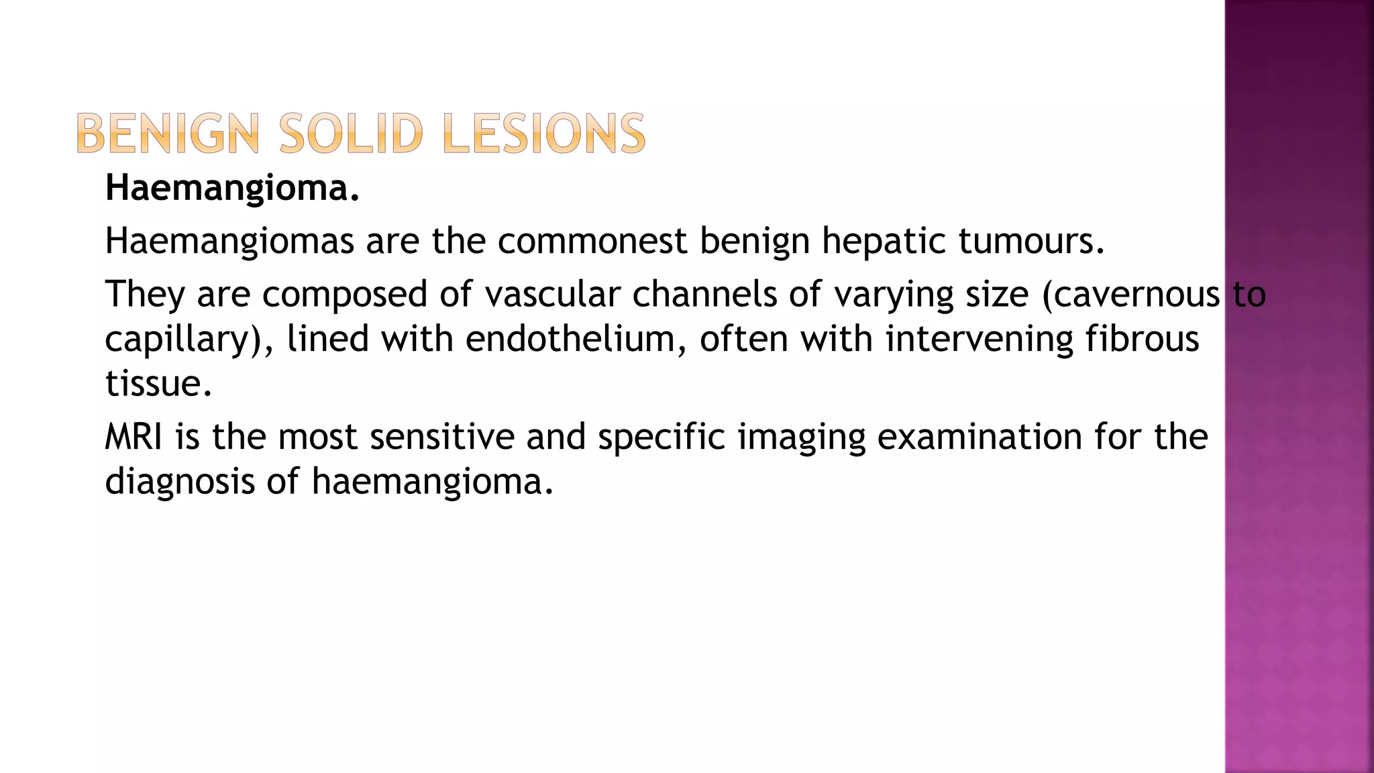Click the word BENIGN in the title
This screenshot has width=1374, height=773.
pyautogui.click(x=168, y=134)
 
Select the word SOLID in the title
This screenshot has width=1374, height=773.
pyautogui.click(x=351, y=134)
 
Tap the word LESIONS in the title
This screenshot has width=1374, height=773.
pyautogui.click(x=543, y=134)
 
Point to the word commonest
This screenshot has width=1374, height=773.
pyautogui.click(x=592, y=241)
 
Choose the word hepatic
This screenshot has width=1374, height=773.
pyautogui.click(x=884, y=241)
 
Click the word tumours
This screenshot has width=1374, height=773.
pyautogui.click(x=1031, y=241)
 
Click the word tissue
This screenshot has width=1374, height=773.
pyautogui.click(x=158, y=383)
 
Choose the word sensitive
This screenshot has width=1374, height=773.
pyautogui.click(x=441, y=437)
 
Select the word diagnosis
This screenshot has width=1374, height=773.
pyautogui.click(x=180, y=481)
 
